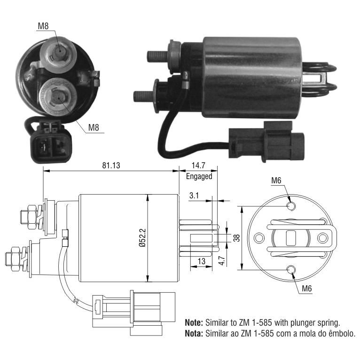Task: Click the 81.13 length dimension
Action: (111, 165)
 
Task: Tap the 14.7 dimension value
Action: (198, 165)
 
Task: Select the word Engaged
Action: (199, 176)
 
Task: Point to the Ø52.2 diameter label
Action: (142, 237)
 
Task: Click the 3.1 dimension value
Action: (194, 196)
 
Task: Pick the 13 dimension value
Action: (201, 261)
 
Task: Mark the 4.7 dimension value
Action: (222, 260)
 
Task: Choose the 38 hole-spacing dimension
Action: (236, 238)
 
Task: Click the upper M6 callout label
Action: (276, 180)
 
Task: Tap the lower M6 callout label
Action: (307, 288)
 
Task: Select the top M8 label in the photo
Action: (43, 26)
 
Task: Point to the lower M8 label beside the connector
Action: (94, 127)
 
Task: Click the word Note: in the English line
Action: (194, 322)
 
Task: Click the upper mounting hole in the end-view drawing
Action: (291, 206)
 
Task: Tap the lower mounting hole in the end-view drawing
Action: (291, 269)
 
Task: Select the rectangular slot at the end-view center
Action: (291, 238)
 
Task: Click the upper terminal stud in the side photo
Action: (157, 56)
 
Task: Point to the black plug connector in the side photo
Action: (266, 142)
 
